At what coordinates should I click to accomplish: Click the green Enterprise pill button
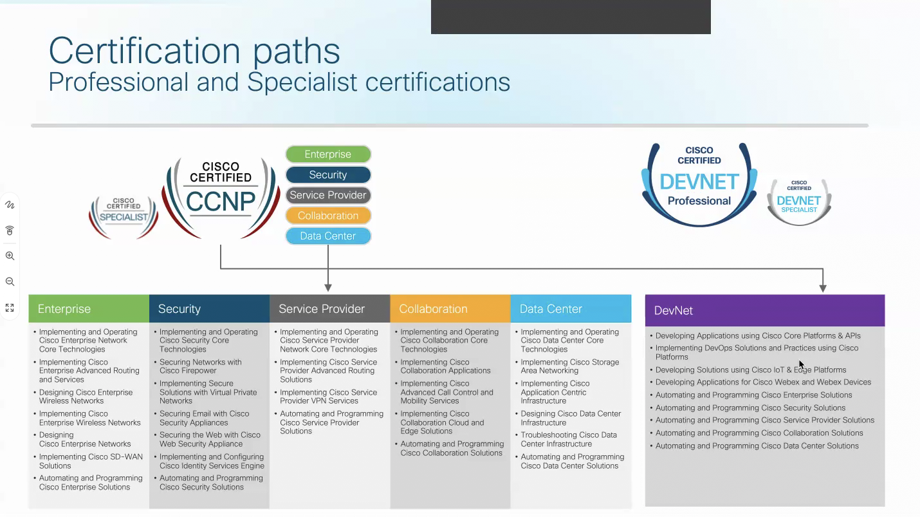[328, 155]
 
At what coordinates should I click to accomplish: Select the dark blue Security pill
[328, 175]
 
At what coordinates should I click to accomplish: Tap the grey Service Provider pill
[328, 195]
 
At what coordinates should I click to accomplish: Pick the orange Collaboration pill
[328, 216]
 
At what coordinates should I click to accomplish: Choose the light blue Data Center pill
[328, 236]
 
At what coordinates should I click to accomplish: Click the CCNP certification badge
[221, 196]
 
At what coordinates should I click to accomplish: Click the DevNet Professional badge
[699, 183]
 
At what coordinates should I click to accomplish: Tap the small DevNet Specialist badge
[799, 202]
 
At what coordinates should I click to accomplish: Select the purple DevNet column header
[765, 310]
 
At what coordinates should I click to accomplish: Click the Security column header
[209, 309]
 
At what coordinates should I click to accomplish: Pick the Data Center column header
[571, 309]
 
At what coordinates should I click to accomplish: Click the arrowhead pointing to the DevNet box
[823, 288]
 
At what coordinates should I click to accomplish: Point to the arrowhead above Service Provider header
[328, 287]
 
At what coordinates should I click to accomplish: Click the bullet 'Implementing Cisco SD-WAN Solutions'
[90, 461]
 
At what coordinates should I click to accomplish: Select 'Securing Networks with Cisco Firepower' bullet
[200, 366]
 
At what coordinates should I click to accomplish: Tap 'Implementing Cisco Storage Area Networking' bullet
[569, 366]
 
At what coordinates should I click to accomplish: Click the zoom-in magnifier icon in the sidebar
[10, 256]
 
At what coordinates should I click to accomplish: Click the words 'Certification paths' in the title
[194, 50]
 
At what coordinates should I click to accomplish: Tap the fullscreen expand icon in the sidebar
[10, 308]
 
